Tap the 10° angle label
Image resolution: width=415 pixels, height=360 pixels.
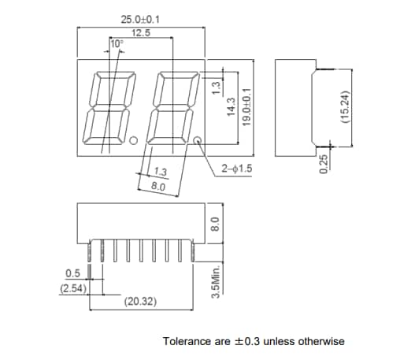pyautogui.click(x=117, y=44)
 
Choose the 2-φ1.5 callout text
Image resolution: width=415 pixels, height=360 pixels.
pyautogui.click(x=236, y=169)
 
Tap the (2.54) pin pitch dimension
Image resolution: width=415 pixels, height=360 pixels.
pyautogui.click(x=73, y=288)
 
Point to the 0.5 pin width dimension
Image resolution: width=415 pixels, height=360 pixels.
pyautogui.click(x=73, y=273)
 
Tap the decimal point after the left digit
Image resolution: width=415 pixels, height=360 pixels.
pyautogui.click(x=134, y=141)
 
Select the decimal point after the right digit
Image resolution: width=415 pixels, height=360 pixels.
pyautogui.click(x=197, y=142)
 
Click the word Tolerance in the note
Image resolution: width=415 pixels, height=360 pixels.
pyautogui.click(x=185, y=341)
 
